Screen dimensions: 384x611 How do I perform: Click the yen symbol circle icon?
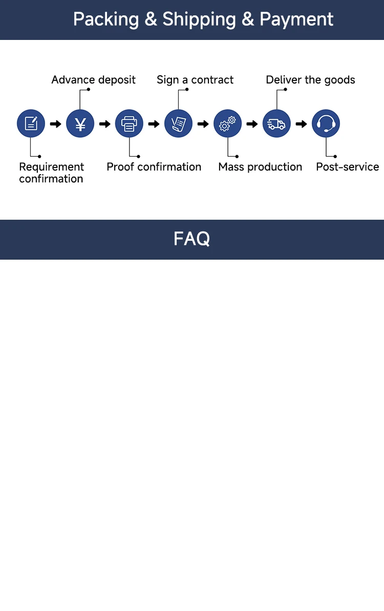click(x=80, y=124)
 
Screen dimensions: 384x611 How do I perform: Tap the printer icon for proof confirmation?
click(x=129, y=124)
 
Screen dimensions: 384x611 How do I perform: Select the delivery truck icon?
click(x=276, y=124)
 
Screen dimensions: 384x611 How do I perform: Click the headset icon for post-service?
click(x=326, y=124)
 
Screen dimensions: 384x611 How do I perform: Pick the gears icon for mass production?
click(x=227, y=124)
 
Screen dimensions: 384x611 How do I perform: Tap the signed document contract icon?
click(x=178, y=124)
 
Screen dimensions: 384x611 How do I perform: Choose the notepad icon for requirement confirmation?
click(x=31, y=124)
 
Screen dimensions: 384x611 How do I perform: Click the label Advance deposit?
click(x=94, y=80)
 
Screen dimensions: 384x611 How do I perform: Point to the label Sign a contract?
click(x=195, y=80)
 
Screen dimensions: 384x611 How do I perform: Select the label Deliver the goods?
click(x=310, y=80)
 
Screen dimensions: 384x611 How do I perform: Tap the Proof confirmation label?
click(x=154, y=167)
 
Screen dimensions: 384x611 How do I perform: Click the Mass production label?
click(x=260, y=167)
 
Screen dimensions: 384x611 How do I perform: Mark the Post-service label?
click(x=347, y=167)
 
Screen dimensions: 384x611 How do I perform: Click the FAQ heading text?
click(x=191, y=239)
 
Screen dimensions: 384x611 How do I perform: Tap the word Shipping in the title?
click(x=199, y=19)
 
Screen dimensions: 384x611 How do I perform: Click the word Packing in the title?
click(x=106, y=19)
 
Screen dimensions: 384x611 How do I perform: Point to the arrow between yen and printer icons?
click(x=105, y=124)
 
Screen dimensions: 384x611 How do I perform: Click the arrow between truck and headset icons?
click(x=302, y=124)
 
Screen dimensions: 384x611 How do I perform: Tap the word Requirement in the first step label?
click(x=52, y=167)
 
